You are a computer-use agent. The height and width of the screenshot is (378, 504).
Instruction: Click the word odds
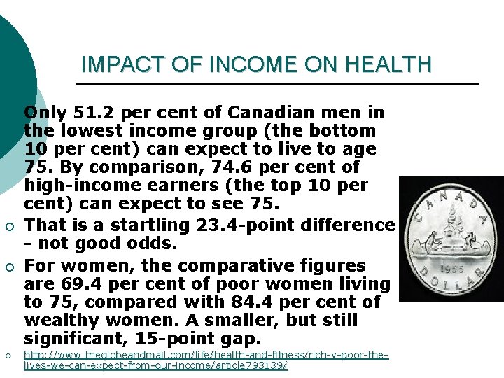(x=158, y=244)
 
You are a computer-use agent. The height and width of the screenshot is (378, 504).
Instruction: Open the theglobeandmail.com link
(x=206, y=360)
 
